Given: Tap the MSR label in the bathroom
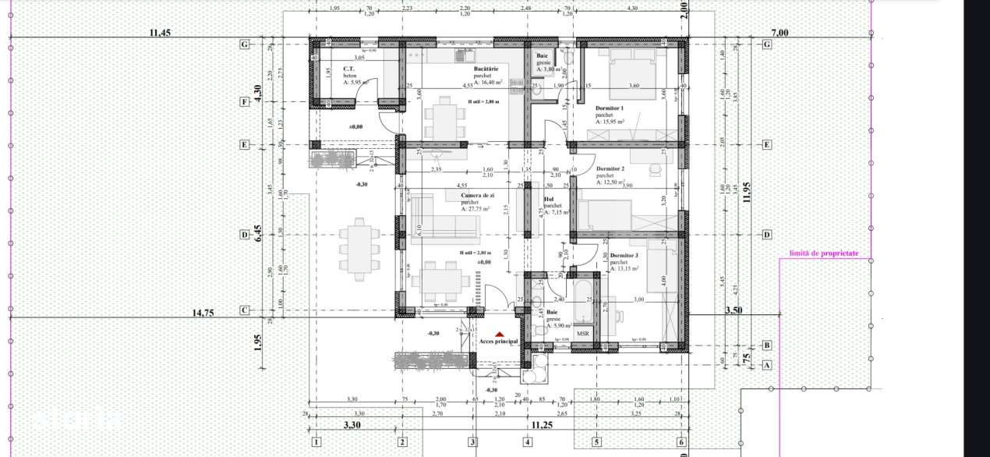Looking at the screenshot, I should pos(582,334).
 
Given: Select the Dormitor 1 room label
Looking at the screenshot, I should pos(610,108).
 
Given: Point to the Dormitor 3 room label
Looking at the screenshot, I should pos(624,255).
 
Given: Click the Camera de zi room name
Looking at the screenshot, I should pos(477,195).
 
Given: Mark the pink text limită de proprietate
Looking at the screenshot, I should pos(823,253).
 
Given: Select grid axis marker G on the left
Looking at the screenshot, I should pos(245,44).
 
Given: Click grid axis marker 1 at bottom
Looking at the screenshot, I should pos(316,442).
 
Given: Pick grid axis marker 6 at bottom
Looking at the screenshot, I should pos(681,442).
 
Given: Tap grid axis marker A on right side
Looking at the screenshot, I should pos(766,364).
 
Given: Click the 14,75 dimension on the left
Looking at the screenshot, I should pos(203,312).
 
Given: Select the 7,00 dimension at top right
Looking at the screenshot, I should pos(779,32).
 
